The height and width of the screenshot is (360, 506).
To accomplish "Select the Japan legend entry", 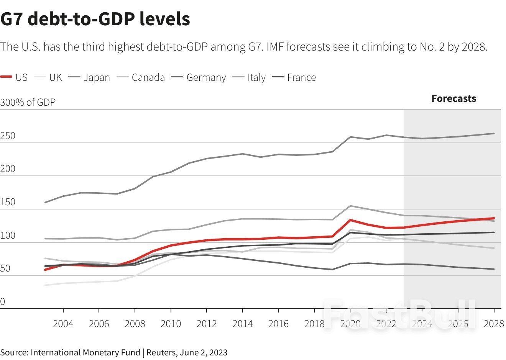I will click(x=90, y=77).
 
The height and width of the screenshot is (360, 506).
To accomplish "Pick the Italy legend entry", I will click(x=249, y=77).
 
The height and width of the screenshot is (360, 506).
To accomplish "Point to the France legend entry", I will click(x=294, y=77).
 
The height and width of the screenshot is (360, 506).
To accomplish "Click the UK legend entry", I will click(x=48, y=77).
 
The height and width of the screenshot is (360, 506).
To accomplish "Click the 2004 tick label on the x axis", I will click(x=63, y=324).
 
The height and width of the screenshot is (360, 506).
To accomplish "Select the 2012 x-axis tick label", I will click(x=207, y=324).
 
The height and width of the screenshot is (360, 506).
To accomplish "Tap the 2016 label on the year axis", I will click(x=278, y=324).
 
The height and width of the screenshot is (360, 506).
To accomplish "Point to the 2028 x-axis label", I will click(x=494, y=324).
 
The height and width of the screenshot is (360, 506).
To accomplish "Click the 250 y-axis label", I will click(x=8, y=136).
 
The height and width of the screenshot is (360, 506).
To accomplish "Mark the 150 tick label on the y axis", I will click(x=8, y=202).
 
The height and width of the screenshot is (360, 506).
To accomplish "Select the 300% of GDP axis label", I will click(x=28, y=102).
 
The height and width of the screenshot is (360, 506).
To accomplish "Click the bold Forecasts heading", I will click(x=453, y=98).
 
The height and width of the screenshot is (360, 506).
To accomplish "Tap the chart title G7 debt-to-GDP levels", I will click(x=95, y=19).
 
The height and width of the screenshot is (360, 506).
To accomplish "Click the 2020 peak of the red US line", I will click(x=350, y=220).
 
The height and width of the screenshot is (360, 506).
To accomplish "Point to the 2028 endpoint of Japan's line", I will click(x=494, y=133).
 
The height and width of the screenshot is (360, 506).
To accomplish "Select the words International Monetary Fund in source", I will click(x=85, y=352).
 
